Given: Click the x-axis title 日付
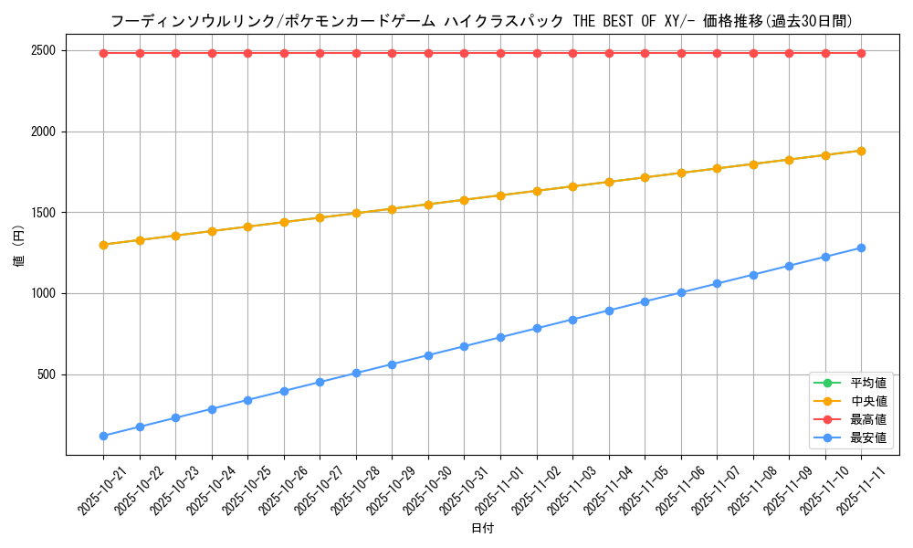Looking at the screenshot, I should (482, 529).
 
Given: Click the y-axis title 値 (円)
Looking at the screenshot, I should (18, 248).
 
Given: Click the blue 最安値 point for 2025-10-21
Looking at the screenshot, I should (103, 436).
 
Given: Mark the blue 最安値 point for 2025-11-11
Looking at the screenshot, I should (861, 248).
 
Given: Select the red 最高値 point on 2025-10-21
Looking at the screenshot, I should (103, 53).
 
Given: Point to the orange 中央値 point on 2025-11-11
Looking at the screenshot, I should (861, 151).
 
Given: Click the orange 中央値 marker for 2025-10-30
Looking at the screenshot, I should (428, 205).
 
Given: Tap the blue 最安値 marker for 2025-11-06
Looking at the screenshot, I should (681, 292).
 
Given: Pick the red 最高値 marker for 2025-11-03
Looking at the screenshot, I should (572, 53).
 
